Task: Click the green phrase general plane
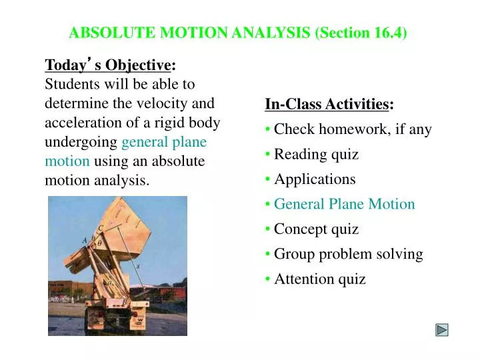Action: (x=164, y=142)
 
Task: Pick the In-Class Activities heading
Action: (x=327, y=104)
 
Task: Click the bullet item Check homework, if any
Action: (x=353, y=129)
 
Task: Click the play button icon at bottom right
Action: (x=442, y=329)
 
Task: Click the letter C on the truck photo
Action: (x=100, y=227)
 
